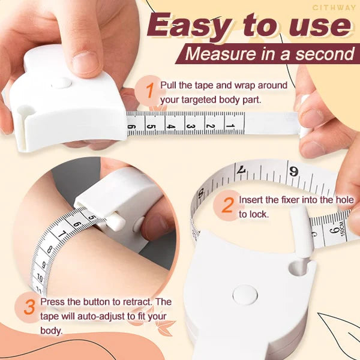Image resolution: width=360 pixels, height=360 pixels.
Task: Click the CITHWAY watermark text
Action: [x=334, y=8]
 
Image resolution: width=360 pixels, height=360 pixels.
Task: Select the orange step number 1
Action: [x=149, y=91]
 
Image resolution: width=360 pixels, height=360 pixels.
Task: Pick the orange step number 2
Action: [x=228, y=205]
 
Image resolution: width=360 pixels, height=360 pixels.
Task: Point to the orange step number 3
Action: [x=29, y=307]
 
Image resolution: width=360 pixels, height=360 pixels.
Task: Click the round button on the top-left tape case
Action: [x=62, y=83]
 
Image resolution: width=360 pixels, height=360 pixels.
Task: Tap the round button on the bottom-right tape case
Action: [x=245, y=295]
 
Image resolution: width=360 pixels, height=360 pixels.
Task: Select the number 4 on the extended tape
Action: [x=170, y=127]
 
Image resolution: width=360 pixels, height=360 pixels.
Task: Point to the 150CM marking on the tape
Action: [x=343, y=229]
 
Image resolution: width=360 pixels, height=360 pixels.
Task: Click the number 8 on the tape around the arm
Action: [x=49, y=250]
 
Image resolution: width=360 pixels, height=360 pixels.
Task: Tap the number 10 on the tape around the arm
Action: [x=40, y=278]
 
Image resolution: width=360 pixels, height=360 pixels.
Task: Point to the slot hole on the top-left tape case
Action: [x=26, y=110]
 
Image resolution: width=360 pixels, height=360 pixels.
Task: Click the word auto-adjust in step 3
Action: [x=103, y=316]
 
